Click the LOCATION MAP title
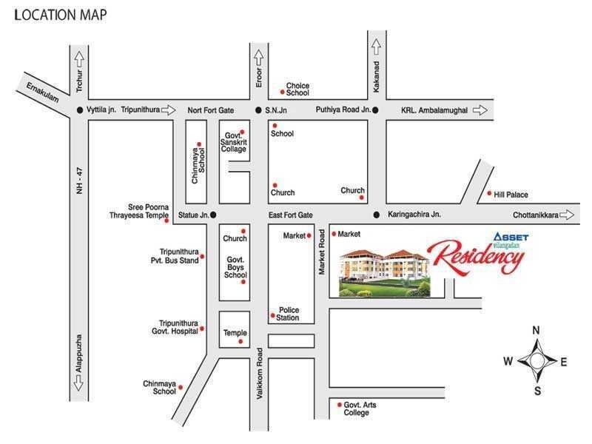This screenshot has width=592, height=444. pos(61,15)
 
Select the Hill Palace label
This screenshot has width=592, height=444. pos(511,195)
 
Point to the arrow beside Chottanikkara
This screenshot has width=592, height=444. pos(568,215)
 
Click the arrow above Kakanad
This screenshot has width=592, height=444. pos(375,47)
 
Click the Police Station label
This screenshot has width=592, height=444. pos(289,314)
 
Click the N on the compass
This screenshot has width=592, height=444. pos(536,330)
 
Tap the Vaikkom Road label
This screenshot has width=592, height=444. pos(260,374)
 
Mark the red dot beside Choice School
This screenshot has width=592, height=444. pos(282,92)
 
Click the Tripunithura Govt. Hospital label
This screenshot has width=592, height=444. pos(178,327)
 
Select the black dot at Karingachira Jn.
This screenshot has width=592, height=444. pos(377,215)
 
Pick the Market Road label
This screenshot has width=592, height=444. pos(322,253)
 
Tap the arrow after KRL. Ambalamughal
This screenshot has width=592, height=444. pos(481,110)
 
